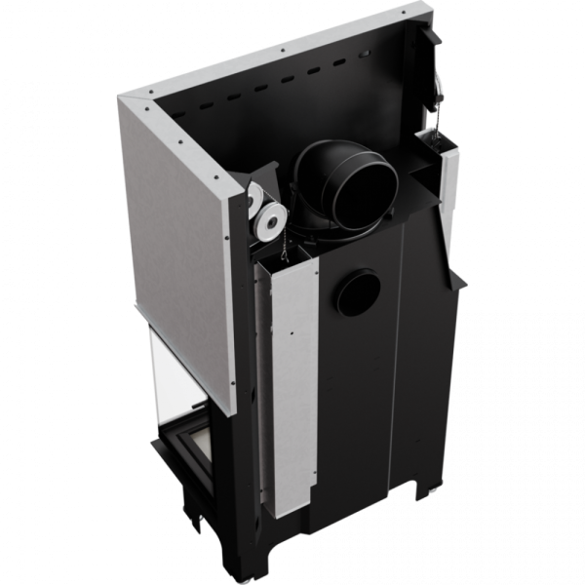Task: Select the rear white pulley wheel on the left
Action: pos(255,198)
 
